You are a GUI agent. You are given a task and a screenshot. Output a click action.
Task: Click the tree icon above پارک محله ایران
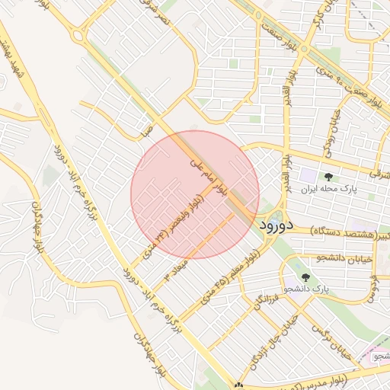coord(329,175)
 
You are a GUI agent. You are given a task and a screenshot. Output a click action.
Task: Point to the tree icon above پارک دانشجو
coord(305,277)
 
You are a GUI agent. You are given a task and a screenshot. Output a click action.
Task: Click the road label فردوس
coord(374,285)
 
